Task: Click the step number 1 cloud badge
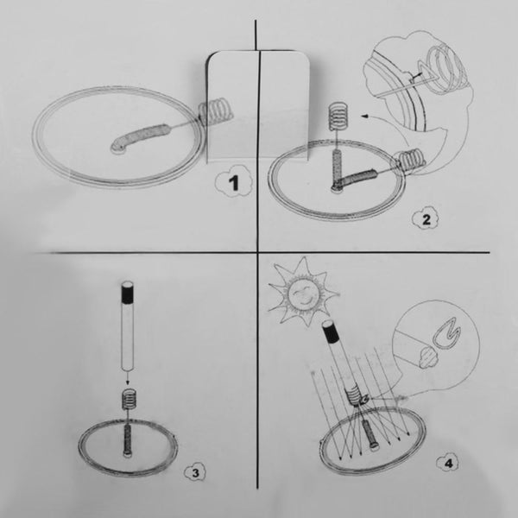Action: pos(228,183)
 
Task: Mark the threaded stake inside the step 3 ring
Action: pos(127,437)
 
